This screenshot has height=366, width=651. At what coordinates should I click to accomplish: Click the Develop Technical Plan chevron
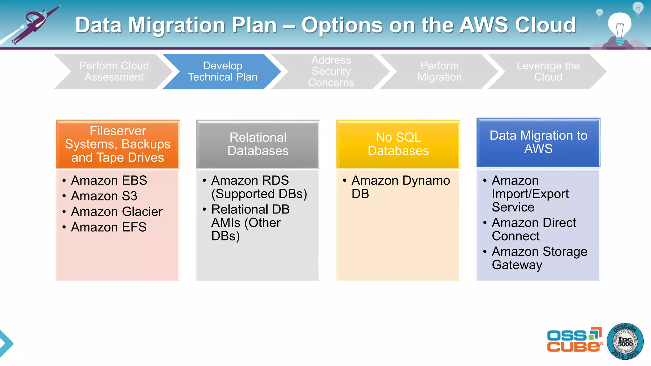223,71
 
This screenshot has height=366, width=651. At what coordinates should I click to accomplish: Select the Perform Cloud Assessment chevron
114,71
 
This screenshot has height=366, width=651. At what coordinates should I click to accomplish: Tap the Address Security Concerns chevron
331,71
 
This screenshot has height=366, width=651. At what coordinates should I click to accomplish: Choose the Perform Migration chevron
440,71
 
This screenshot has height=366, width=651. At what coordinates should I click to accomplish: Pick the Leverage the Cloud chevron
548,71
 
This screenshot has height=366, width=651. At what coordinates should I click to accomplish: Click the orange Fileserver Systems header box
118,144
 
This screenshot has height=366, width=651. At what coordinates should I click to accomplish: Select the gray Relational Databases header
258,144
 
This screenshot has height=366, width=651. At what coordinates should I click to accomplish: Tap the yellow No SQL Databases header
398,144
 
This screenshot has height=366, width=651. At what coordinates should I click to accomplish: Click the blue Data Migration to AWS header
538,142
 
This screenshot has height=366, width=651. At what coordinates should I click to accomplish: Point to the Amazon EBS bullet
109,180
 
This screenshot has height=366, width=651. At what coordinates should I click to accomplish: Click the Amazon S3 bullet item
104,196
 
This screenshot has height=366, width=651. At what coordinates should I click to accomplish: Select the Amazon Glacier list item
117,212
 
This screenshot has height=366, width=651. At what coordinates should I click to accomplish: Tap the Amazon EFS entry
109,227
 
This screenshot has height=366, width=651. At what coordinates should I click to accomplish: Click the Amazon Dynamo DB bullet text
400,187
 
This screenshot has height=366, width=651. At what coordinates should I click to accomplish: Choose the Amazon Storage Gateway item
539,258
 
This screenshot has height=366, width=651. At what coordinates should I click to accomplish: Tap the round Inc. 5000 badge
625,342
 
